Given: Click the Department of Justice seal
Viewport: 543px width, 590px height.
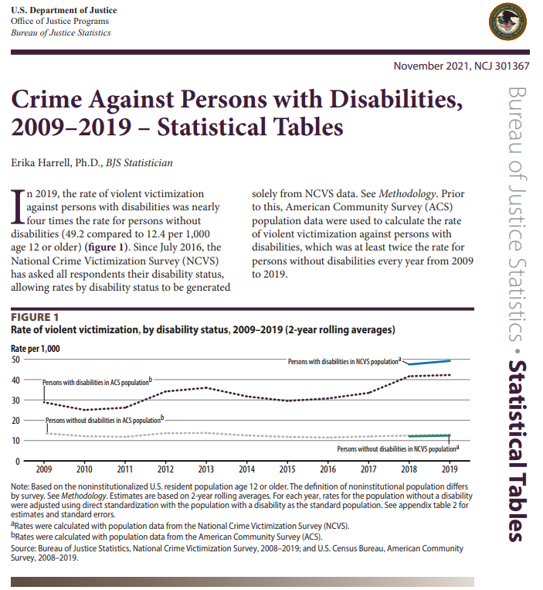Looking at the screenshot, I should [507, 23].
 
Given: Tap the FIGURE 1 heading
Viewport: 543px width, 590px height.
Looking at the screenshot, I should [35, 317].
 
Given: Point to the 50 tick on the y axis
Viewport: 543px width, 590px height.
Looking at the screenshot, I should [16, 360].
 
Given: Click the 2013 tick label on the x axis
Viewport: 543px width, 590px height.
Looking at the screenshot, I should [205, 469].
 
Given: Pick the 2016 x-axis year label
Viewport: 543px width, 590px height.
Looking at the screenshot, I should [327, 469].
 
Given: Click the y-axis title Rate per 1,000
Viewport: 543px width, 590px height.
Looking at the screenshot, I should [36, 349].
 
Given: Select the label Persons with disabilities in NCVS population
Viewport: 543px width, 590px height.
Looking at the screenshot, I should [344, 361].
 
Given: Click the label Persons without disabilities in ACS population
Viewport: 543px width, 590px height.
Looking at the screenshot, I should [104, 421].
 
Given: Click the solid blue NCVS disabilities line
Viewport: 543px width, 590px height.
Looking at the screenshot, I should [429, 362].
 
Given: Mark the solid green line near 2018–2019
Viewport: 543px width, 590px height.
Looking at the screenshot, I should [429, 435].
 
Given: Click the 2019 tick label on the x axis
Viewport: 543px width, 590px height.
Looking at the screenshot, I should [449, 469].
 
